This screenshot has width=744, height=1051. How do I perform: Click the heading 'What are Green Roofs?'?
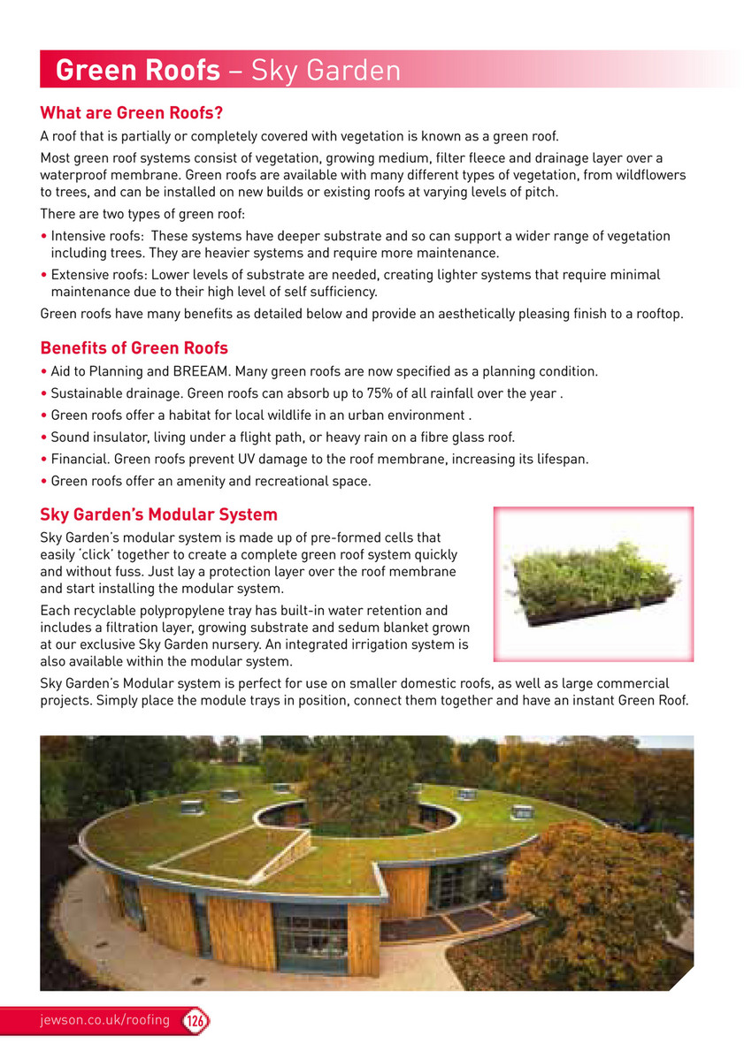click(x=130, y=113)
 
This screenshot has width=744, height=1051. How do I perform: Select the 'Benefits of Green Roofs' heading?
click(x=134, y=347)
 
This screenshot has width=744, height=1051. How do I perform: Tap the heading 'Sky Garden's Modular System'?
click(x=159, y=514)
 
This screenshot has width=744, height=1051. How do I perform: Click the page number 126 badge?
click(x=196, y=1020)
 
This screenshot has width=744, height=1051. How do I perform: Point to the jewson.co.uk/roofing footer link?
click(x=105, y=1020)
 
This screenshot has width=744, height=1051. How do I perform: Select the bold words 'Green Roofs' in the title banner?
click(x=137, y=70)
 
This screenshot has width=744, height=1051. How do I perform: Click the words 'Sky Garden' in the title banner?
click(x=326, y=70)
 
